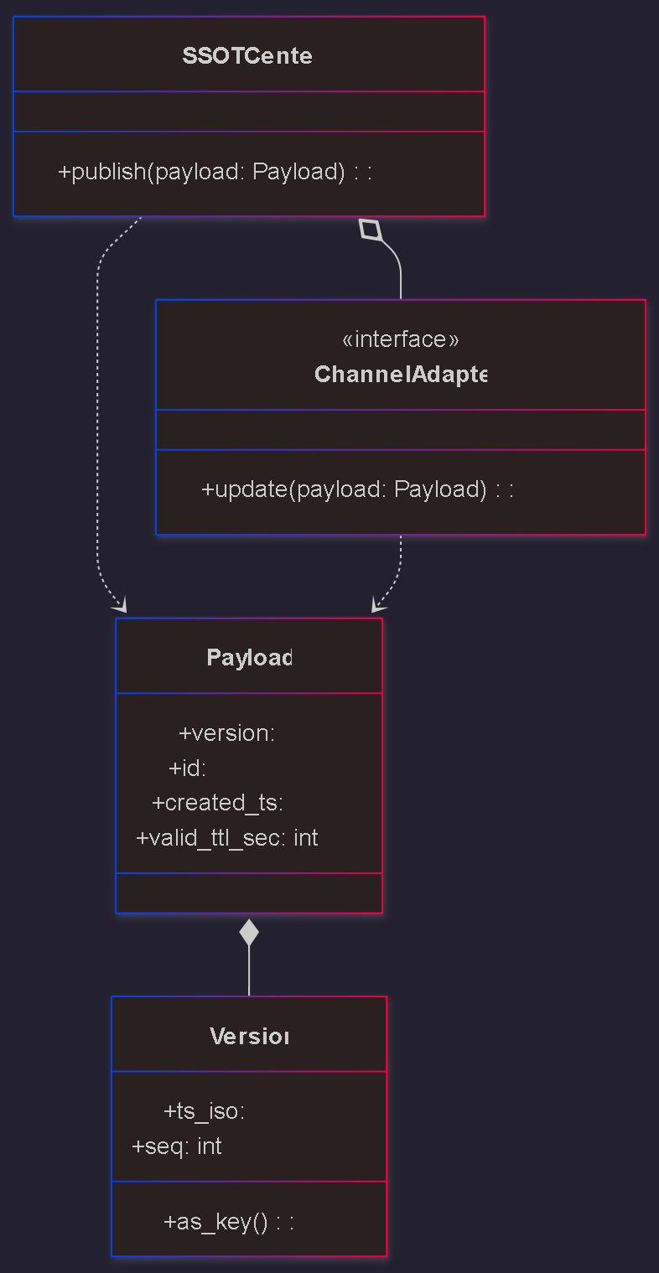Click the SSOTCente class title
[x=247, y=56]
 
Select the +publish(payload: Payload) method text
[x=215, y=172]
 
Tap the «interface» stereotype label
[x=401, y=339]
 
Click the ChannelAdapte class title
[x=401, y=374]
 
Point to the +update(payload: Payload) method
[x=357, y=489]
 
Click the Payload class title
[x=249, y=658]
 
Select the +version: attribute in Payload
[x=226, y=733]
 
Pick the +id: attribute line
[x=188, y=768]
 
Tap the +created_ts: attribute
[x=217, y=803]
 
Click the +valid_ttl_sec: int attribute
[x=226, y=838]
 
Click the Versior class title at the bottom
[x=249, y=1037]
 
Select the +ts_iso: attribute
[x=204, y=1111]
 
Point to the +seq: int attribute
[x=177, y=1146]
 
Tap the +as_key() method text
[x=228, y=1222]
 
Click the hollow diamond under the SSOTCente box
[x=371, y=229]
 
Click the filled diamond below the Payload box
[x=249, y=932]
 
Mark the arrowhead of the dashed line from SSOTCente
[x=121, y=606]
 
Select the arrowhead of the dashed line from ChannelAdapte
[x=377, y=606]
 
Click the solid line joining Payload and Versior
[x=249, y=972]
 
